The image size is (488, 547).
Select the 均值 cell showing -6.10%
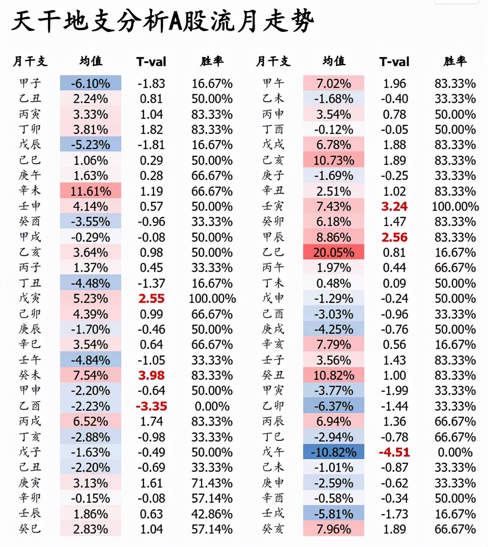coord(91,83)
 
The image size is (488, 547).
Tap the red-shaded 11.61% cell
coord(91,191)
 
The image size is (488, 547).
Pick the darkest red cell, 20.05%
coord(333,252)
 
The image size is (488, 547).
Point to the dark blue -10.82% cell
coord(333,452)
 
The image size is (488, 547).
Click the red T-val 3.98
coord(151,375)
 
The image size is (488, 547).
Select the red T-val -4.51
coord(394,452)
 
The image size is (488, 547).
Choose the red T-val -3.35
coord(151,406)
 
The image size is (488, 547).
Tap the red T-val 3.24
coord(394,207)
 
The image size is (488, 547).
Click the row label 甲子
coord(30,83)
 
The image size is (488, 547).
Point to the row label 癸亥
coord(273,529)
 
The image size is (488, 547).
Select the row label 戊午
coord(273,452)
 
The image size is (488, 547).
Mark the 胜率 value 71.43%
coord(212,483)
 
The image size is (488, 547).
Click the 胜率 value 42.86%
coord(212,514)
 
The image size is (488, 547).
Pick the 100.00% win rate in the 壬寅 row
coord(455,207)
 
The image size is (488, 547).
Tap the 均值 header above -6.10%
coord(91,61)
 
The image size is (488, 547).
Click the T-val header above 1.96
coord(394,62)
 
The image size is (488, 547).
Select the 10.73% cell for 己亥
coord(333,161)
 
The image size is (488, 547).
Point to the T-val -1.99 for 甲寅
coord(394,391)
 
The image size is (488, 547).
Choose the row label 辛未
coord(30,191)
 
